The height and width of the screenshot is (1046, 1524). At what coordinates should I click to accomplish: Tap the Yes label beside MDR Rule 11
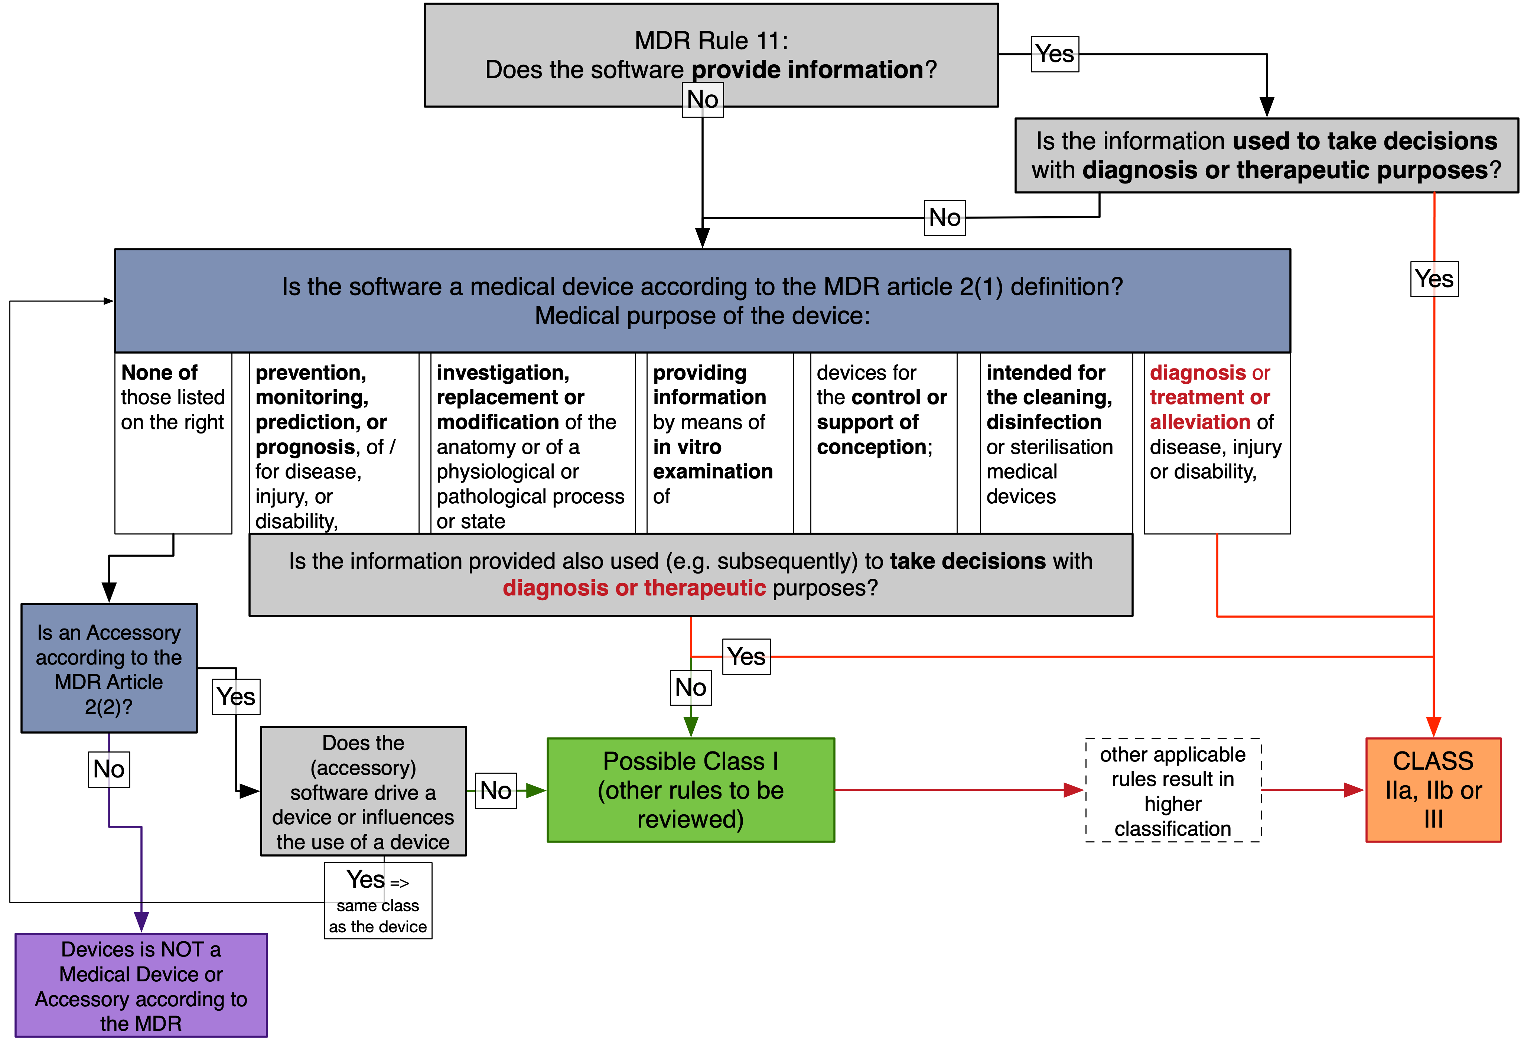tap(1055, 54)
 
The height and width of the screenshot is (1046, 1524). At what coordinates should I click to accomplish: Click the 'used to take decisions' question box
tap(1266, 155)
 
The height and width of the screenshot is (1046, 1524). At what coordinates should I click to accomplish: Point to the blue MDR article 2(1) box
tap(702, 301)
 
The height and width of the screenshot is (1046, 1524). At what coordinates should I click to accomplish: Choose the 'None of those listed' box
tap(173, 443)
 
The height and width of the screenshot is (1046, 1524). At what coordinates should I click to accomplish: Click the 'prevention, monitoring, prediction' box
tap(334, 443)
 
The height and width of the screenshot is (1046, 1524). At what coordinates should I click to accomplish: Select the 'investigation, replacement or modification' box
tap(533, 443)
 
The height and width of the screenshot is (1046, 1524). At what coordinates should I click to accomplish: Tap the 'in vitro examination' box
tap(719, 443)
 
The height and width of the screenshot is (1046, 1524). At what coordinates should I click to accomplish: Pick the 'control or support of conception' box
tap(883, 443)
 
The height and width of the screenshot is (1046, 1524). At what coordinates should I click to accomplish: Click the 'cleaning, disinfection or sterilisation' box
tap(1056, 443)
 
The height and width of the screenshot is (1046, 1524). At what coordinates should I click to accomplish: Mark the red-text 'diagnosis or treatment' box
tap(1217, 443)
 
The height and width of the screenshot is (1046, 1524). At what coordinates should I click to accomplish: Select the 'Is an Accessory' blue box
tap(109, 668)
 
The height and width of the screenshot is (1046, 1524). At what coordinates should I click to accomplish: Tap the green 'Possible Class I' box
tap(691, 790)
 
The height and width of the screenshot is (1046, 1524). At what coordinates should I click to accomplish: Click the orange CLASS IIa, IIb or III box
tap(1433, 790)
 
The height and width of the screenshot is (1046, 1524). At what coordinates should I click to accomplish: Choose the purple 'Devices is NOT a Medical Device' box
tap(141, 985)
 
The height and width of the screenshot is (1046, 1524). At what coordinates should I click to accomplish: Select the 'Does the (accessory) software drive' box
tap(363, 792)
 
